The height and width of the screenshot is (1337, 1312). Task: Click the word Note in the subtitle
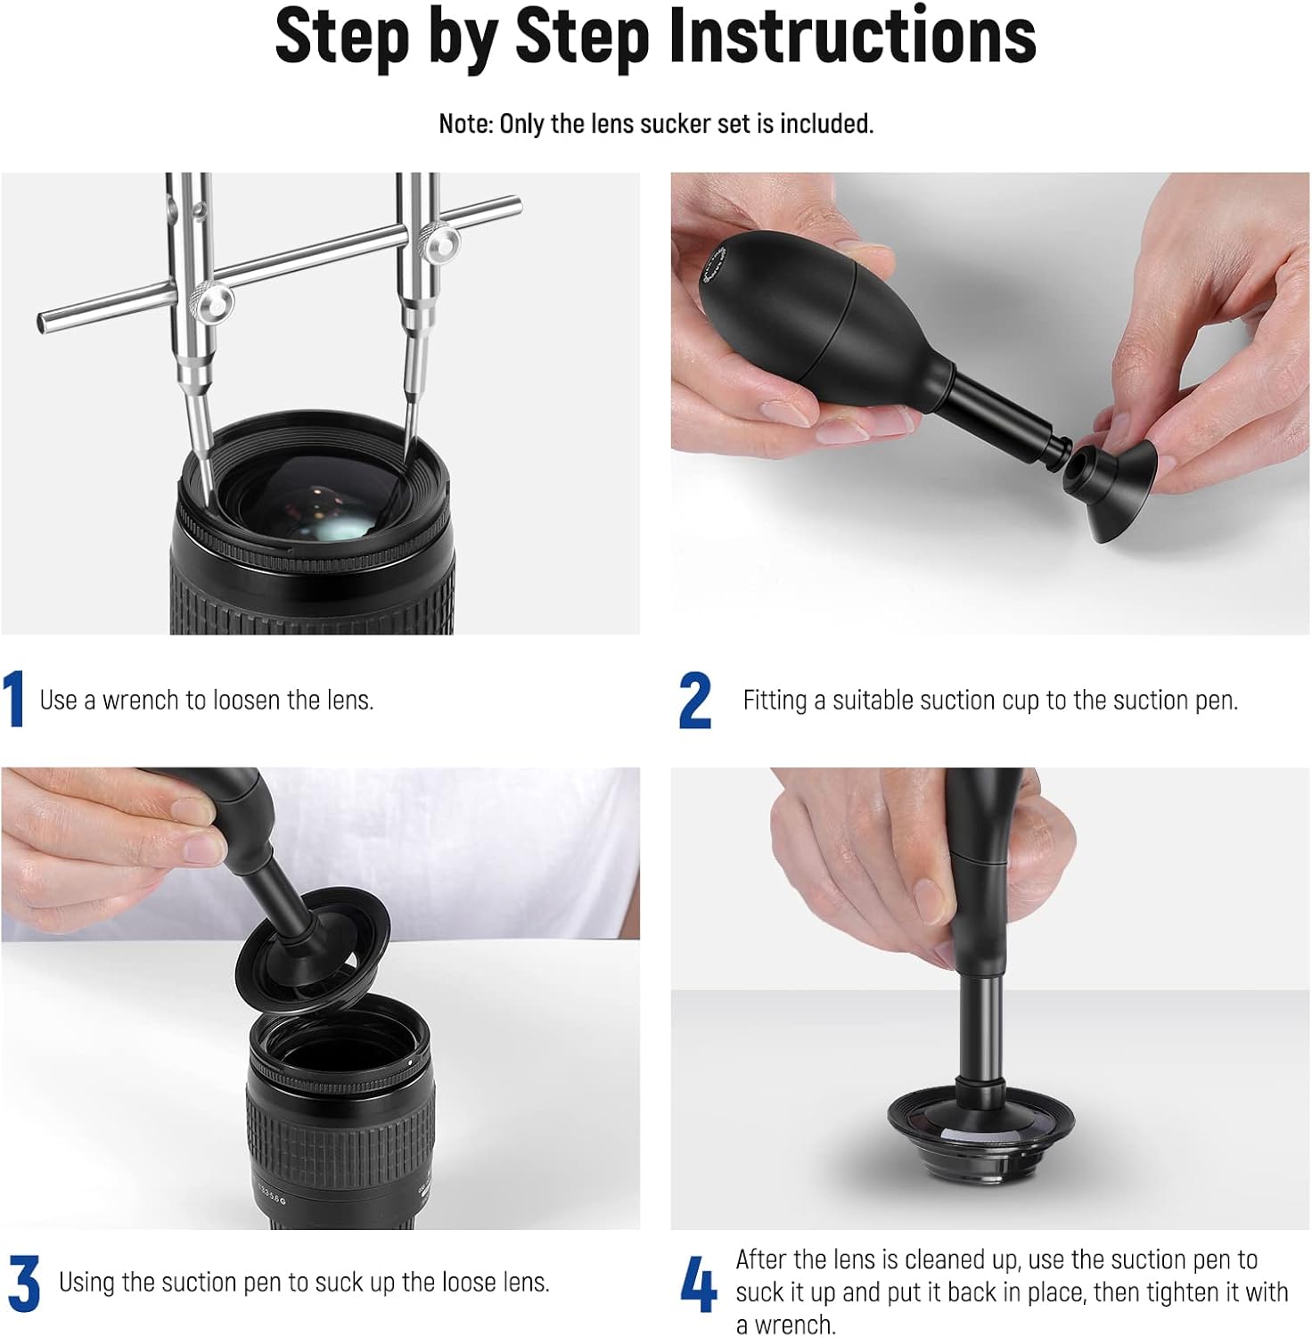tap(463, 124)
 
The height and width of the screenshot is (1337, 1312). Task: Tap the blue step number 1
tap(13, 700)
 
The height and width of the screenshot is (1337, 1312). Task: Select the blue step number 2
tap(695, 701)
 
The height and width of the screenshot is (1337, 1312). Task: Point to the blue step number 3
tap(24, 1284)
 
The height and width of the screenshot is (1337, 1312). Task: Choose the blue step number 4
tap(699, 1284)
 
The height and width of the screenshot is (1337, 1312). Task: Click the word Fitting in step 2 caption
tap(775, 701)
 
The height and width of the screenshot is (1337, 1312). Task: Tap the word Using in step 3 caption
tap(87, 1284)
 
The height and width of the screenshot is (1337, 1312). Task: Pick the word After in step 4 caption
tap(762, 1259)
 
